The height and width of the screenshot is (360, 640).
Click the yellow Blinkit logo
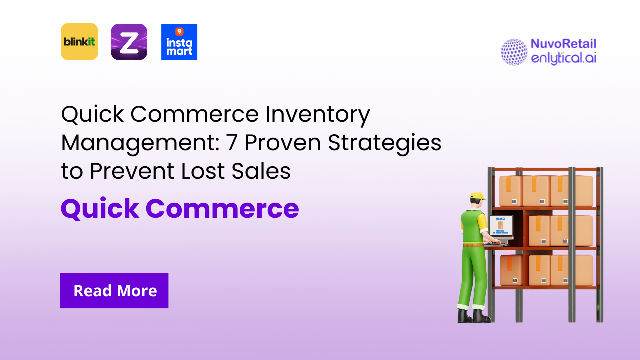click(79, 42)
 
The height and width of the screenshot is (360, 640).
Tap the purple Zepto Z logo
click(129, 42)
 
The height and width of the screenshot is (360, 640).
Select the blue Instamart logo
click(179, 42)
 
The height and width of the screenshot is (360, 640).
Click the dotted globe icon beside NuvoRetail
click(514, 52)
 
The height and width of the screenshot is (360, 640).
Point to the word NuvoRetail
click(563, 44)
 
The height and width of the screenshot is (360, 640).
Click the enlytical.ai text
click(563, 58)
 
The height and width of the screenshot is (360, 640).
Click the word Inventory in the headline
click(318, 115)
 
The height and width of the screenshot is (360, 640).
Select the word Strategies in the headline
click(385, 143)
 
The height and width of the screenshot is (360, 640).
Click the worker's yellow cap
click(478, 195)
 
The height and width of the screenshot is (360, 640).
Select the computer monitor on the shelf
click(500, 226)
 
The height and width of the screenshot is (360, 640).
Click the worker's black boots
click(473, 316)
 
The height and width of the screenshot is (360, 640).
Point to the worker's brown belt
click(473, 244)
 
